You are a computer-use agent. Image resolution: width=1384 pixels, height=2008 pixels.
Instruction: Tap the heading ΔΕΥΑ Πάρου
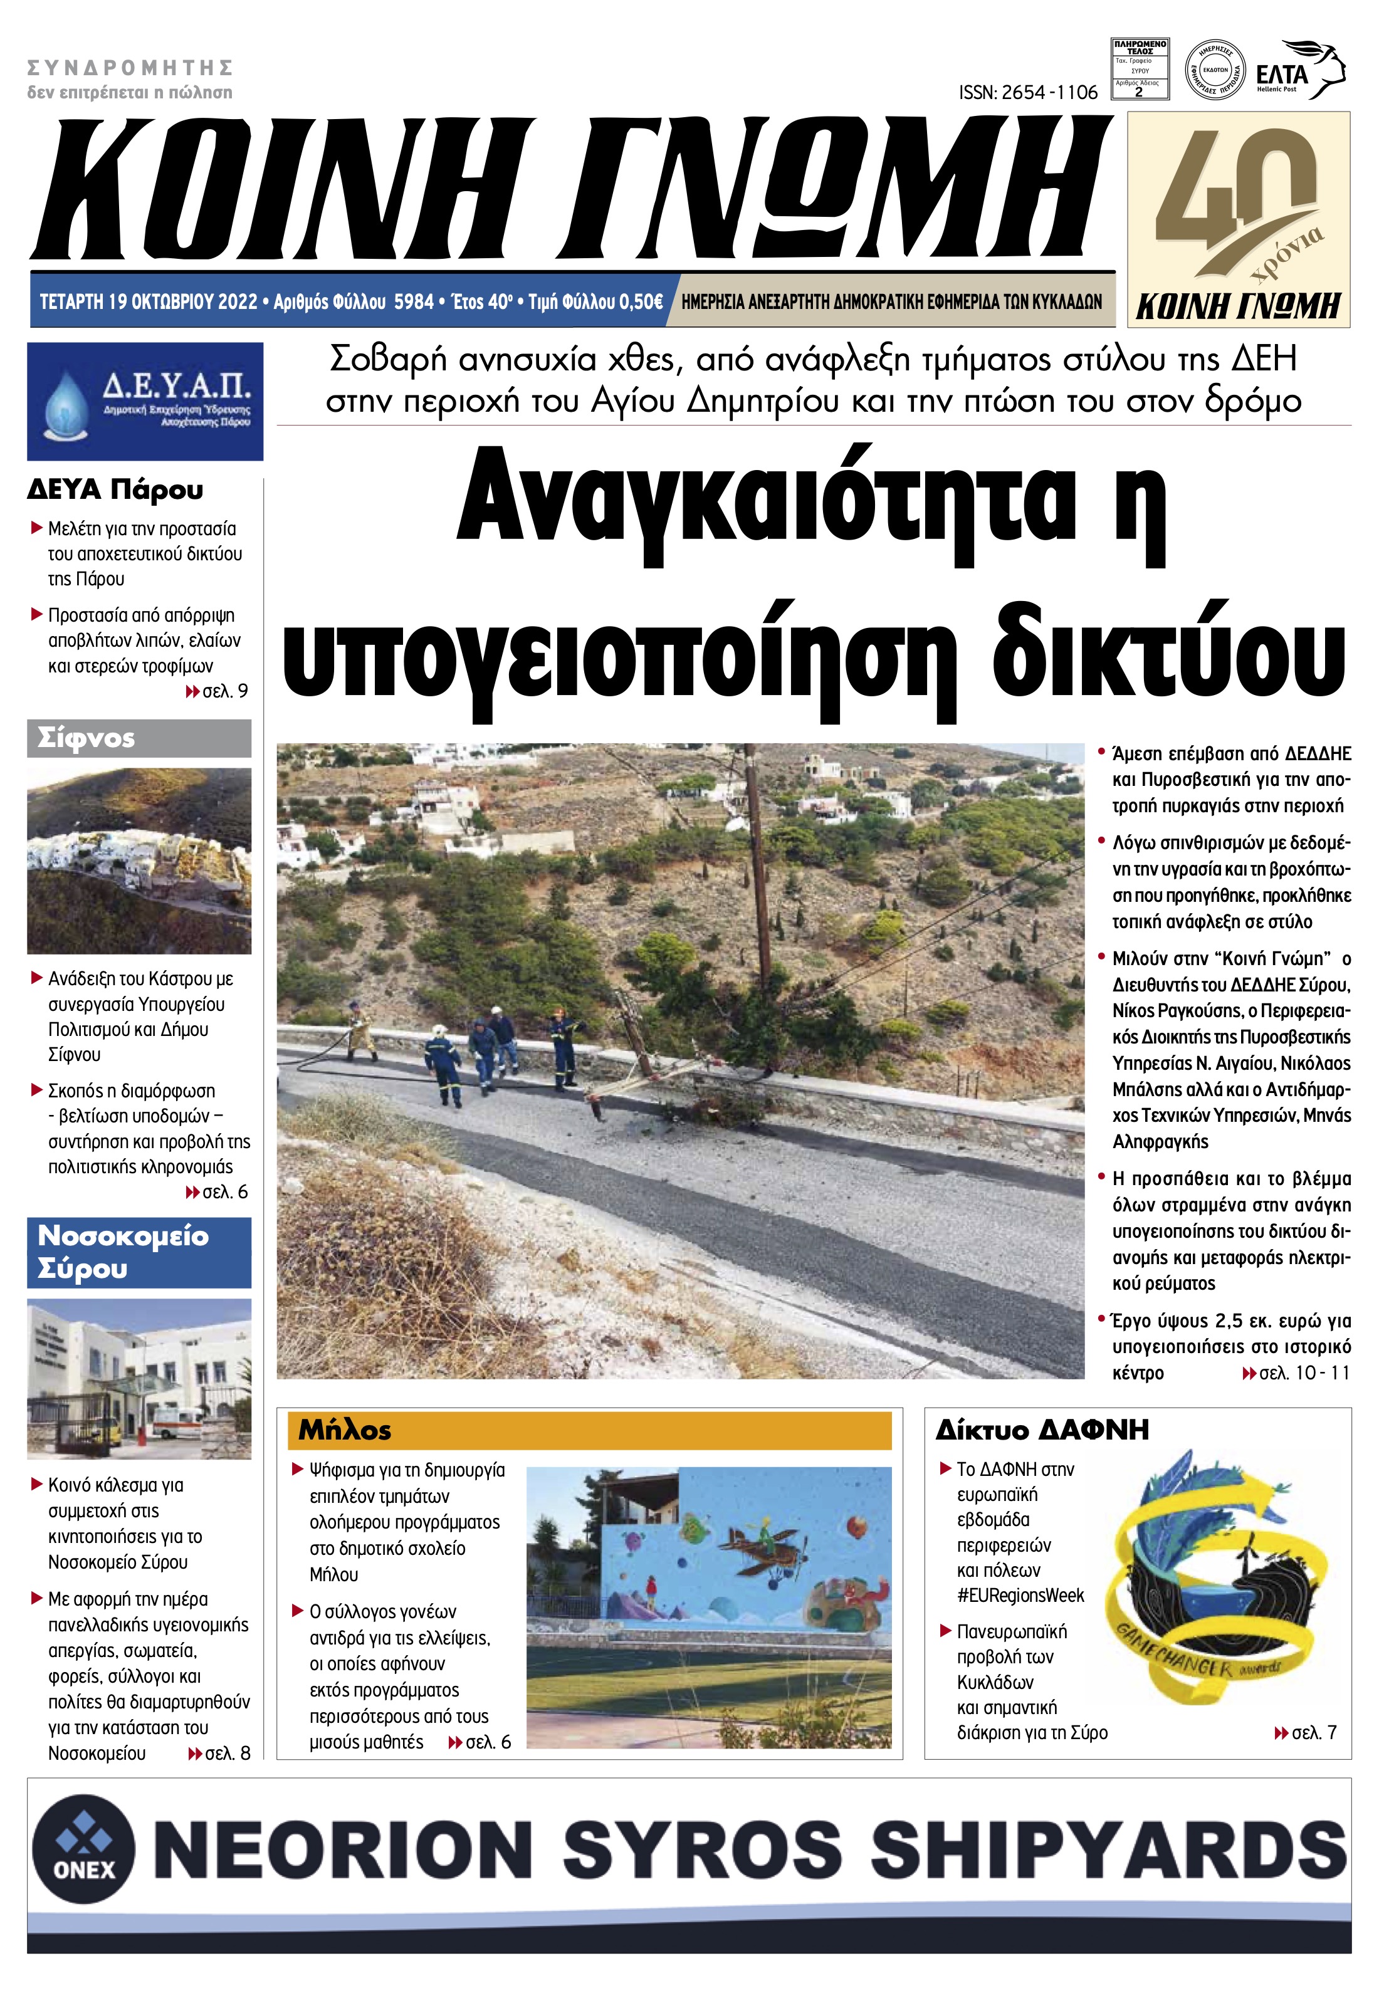click(x=115, y=490)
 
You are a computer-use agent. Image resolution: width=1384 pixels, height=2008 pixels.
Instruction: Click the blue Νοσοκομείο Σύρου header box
click(x=139, y=1252)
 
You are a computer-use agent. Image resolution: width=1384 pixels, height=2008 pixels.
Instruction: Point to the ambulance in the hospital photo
click(x=178, y=1423)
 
